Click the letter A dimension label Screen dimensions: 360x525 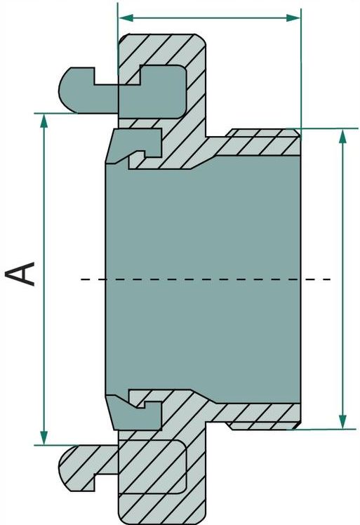coord(20,274)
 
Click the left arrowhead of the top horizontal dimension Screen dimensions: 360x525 coord(125,18)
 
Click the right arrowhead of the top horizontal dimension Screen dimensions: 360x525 coord(293,18)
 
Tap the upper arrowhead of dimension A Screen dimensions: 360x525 coord(44,121)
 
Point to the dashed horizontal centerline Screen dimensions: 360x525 coord(206,279)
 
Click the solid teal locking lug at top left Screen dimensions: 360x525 coord(88,91)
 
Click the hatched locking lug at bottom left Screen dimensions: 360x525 coord(88,467)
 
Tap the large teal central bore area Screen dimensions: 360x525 coord(203,279)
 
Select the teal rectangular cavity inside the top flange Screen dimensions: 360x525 coord(152,91)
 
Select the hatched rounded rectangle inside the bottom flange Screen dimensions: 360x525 coord(152,467)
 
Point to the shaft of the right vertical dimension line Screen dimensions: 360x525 coord(342,279)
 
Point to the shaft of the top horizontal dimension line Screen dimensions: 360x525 coord(209,18)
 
